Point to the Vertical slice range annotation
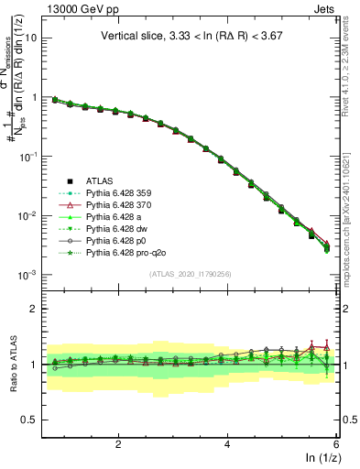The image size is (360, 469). click(191, 36)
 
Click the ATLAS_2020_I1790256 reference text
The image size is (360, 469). click(191, 275)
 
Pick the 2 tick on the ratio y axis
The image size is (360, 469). click(32, 309)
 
